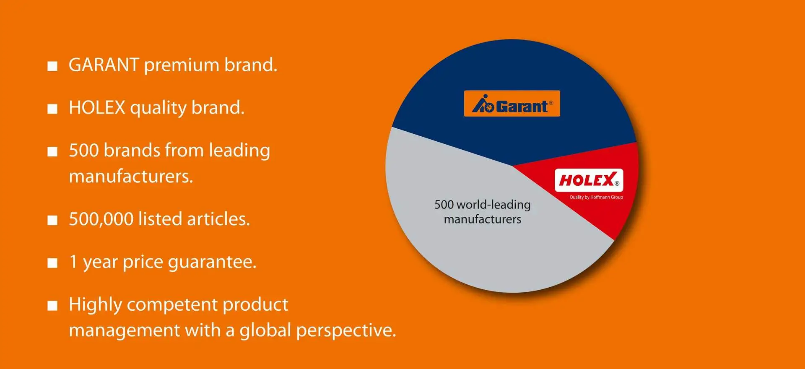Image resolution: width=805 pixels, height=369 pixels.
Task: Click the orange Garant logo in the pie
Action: [x=512, y=104]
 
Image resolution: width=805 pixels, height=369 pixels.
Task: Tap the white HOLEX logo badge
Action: [x=589, y=180]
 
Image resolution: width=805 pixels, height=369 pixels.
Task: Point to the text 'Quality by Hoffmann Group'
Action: [x=596, y=197]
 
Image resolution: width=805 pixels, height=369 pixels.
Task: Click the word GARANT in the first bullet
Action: [x=104, y=65]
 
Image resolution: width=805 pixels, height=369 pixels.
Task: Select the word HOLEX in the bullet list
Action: [x=97, y=108]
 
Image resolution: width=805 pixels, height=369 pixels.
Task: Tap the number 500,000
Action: [x=101, y=219]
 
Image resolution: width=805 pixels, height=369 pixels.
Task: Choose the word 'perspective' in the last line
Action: [x=346, y=331]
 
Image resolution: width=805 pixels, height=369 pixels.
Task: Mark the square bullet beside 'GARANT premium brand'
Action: [x=52, y=66]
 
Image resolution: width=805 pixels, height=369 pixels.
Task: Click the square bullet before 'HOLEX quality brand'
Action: [x=52, y=109]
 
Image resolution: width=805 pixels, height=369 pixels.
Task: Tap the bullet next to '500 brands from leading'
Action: [x=52, y=152]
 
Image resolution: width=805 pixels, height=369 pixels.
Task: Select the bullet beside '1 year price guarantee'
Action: [x=52, y=263]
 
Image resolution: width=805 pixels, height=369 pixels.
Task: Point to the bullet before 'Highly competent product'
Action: [x=52, y=306]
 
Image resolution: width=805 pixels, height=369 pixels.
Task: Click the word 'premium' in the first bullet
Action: [x=182, y=66]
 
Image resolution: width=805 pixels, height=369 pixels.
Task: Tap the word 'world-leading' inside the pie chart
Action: [x=493, y=205]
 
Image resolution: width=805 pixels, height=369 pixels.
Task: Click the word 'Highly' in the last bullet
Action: [x=95, y=305]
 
